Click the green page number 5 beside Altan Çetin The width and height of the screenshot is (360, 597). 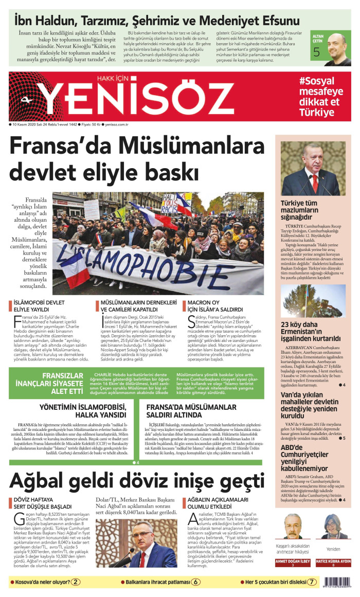click(316, 52)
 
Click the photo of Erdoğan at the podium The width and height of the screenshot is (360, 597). click(313, 169)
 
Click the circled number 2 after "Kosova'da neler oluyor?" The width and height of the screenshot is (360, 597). click(76, 582)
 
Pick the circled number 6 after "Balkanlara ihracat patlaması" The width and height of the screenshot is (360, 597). click(196, 582)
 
